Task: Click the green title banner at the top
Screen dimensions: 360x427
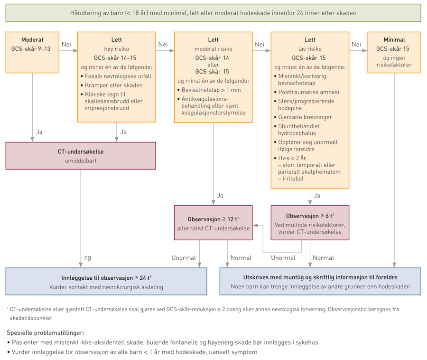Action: (x=213, y=13)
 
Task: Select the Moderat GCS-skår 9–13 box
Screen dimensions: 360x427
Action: (x=32, y=52)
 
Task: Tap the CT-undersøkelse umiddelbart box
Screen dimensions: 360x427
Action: (x=81, y=155)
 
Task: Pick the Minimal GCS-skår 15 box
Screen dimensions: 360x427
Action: (x=394, y=52)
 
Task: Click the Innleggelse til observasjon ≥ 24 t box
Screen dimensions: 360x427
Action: (x=106, y=281)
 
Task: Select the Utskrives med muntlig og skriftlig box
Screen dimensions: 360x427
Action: (x=320, y=281)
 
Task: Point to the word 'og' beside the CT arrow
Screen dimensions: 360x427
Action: (x=87, y=257)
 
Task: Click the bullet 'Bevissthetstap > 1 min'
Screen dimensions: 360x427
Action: (x=212, y=90)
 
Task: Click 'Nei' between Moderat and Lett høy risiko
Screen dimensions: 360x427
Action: (x=66, y=44)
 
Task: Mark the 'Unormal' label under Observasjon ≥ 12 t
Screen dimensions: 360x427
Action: (x=184, y=257)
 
